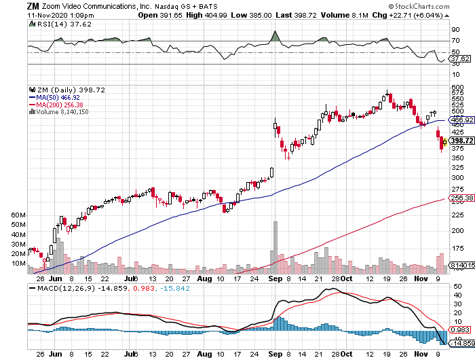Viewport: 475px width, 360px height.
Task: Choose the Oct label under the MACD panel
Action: pyautogui.click(x=347, y=354)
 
